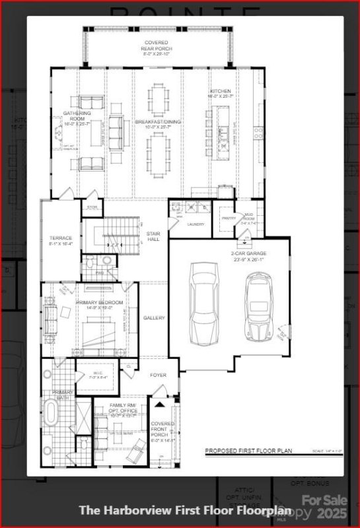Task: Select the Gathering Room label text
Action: point(77,117)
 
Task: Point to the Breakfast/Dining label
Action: point(158,122)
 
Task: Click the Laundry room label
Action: point(196,224)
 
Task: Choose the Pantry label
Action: point(229,217)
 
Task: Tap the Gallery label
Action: point(154,317)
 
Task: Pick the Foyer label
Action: point(158,375)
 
